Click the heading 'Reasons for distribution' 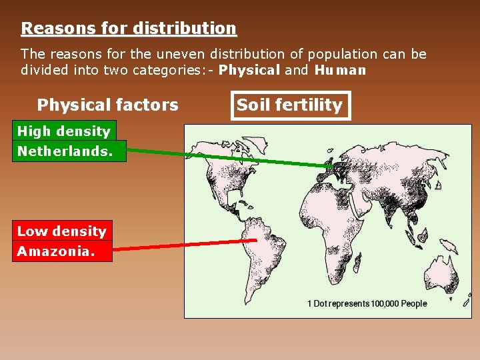(x=129, y=29)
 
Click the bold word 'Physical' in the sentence (x=249, y=70)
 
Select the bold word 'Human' (x=340, y=70)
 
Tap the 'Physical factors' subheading (x=107, y=105)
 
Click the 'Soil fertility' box (x=290, y=105)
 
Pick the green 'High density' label (x=63, y=131)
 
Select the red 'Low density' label (x=62, y=231)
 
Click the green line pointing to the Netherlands (x=233, y=158)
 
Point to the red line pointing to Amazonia (x=187, y=245)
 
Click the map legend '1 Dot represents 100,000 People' (x=367, y=303)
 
